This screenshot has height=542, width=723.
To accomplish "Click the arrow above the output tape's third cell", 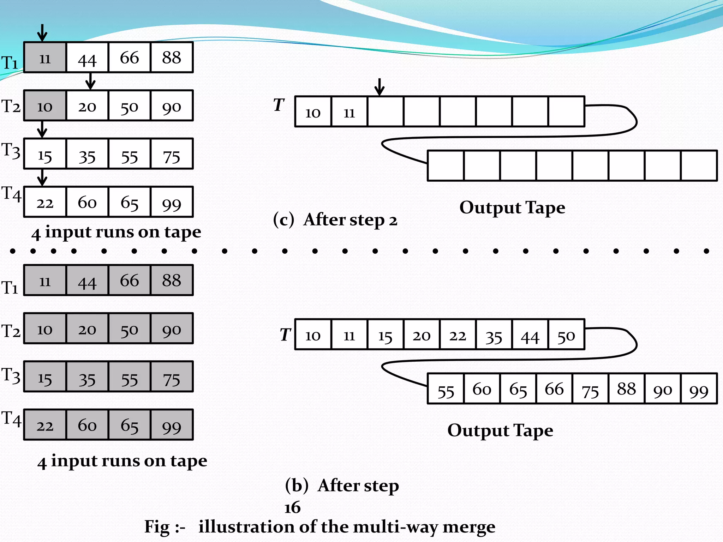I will pyautogui.click(x=380, y=87).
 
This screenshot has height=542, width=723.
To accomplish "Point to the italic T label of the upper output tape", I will pyautogui.click(x=279, y=105).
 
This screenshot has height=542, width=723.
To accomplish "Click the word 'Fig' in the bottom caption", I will pyautogui.click(x=157, y=527).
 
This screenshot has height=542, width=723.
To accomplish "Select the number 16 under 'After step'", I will pyautogui.click(x=292, y=508).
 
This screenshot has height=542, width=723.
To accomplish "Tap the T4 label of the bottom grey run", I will pyautogui.click(x=11, y=419).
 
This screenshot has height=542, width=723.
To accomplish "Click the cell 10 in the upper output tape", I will pyautogui.click(x=313, y=112).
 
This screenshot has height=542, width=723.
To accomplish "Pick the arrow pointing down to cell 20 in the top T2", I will pyautogui.click(x=90, y=82).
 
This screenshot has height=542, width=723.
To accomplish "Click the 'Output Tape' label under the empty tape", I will pyautogui.click(x=512, y=208).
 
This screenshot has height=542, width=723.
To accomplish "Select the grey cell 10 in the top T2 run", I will pyautogui.click(x=45, y=106).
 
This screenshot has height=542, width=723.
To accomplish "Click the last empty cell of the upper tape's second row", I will pyautogui.click(x=699, y=166).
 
